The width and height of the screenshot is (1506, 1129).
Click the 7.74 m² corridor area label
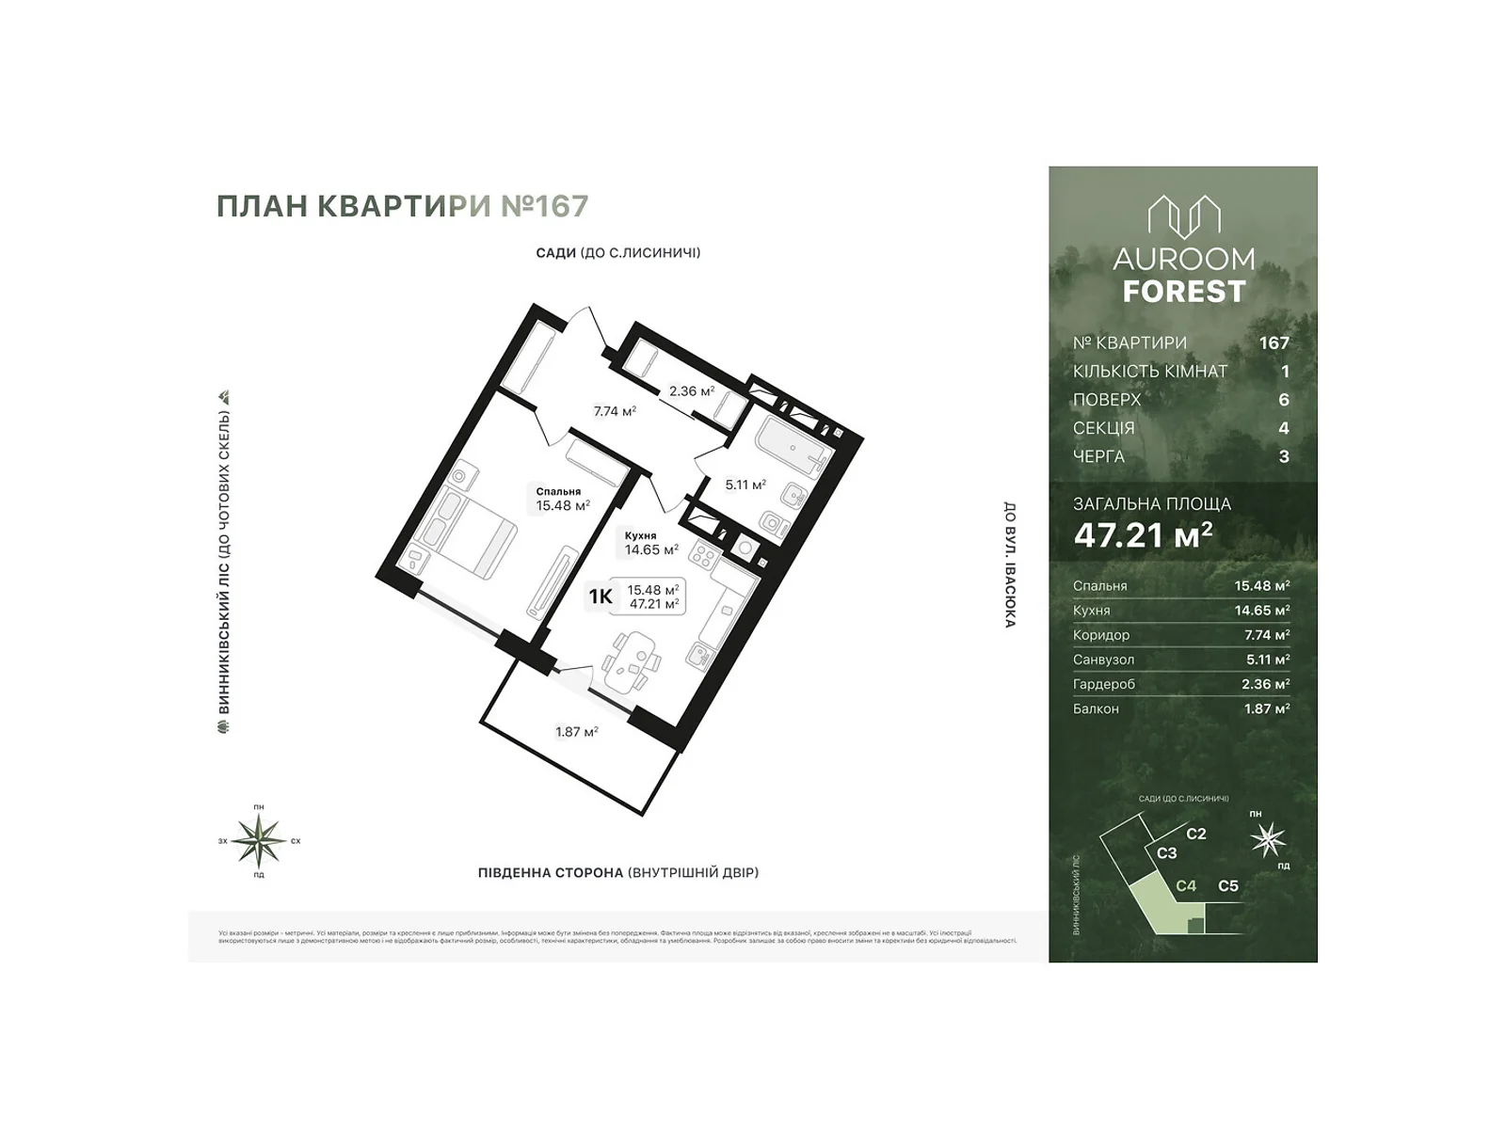click(615, 411)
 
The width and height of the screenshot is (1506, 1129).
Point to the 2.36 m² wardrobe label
click(691, 390)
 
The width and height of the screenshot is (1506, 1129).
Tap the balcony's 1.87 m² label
click(577, 732)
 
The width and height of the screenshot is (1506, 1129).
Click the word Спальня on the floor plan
click(558, 491)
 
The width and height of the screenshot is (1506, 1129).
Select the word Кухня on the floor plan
click(640, 535)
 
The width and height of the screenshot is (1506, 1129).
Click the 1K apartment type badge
click(601, 596)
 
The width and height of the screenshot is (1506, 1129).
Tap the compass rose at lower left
click(259, 840)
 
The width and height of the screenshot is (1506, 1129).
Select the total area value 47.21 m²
click(1143, 535)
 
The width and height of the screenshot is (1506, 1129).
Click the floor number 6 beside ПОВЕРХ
click(1284, 400)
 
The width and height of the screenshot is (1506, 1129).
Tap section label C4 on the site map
click(1186, 885)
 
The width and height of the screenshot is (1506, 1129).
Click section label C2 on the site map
click(1195, 834)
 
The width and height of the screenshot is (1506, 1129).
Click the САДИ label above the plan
click(555, 253)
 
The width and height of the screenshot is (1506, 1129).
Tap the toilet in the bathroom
click(775, 523)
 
